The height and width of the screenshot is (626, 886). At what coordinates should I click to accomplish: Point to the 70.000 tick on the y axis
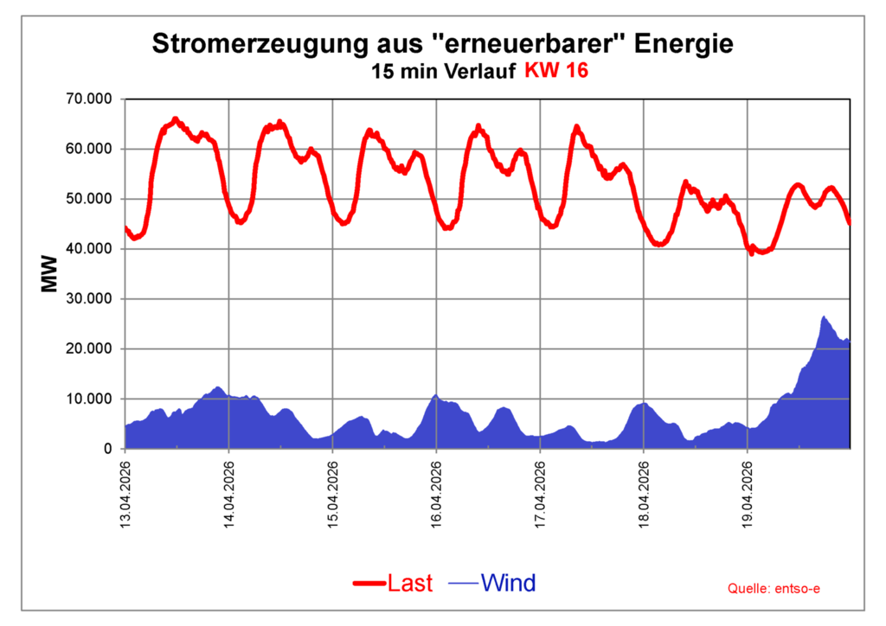[x=90, y=99]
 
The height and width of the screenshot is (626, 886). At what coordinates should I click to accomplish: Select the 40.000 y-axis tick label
[x=90, y=249]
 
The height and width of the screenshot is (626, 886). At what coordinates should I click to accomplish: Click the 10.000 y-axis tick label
[x=90, y=399]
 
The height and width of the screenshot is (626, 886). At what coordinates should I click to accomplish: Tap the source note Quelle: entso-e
[x=774, y=589]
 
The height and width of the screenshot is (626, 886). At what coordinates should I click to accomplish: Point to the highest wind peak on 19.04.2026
[x=824, y=317]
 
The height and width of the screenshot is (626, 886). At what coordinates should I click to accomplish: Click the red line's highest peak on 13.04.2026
[x=175, y=119]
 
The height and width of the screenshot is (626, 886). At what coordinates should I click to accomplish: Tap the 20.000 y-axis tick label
[x=90, y=349]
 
